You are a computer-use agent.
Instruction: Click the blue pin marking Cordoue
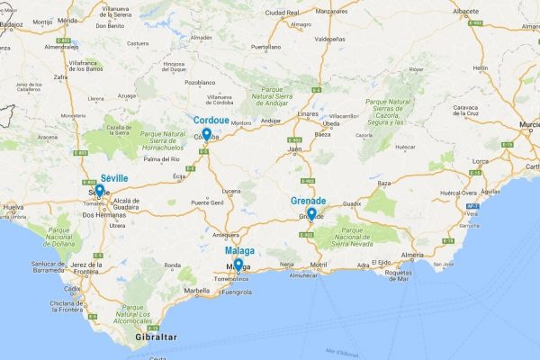[x=206, y=135]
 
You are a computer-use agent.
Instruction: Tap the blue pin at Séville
[x=100, y=192]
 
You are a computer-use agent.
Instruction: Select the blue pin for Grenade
[x=311, y=213]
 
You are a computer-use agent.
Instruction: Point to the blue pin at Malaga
[x=237, y=265]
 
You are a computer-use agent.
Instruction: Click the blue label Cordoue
[x=211, y=120]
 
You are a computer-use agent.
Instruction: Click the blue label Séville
[x=114, y=178]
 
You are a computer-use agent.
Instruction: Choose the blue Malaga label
[x=239, y=251]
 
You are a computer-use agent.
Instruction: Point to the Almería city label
[x=413, y=256]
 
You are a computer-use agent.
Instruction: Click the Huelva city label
[x=13, y=208]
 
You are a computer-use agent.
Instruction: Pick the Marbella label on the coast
[x=197, y=291]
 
